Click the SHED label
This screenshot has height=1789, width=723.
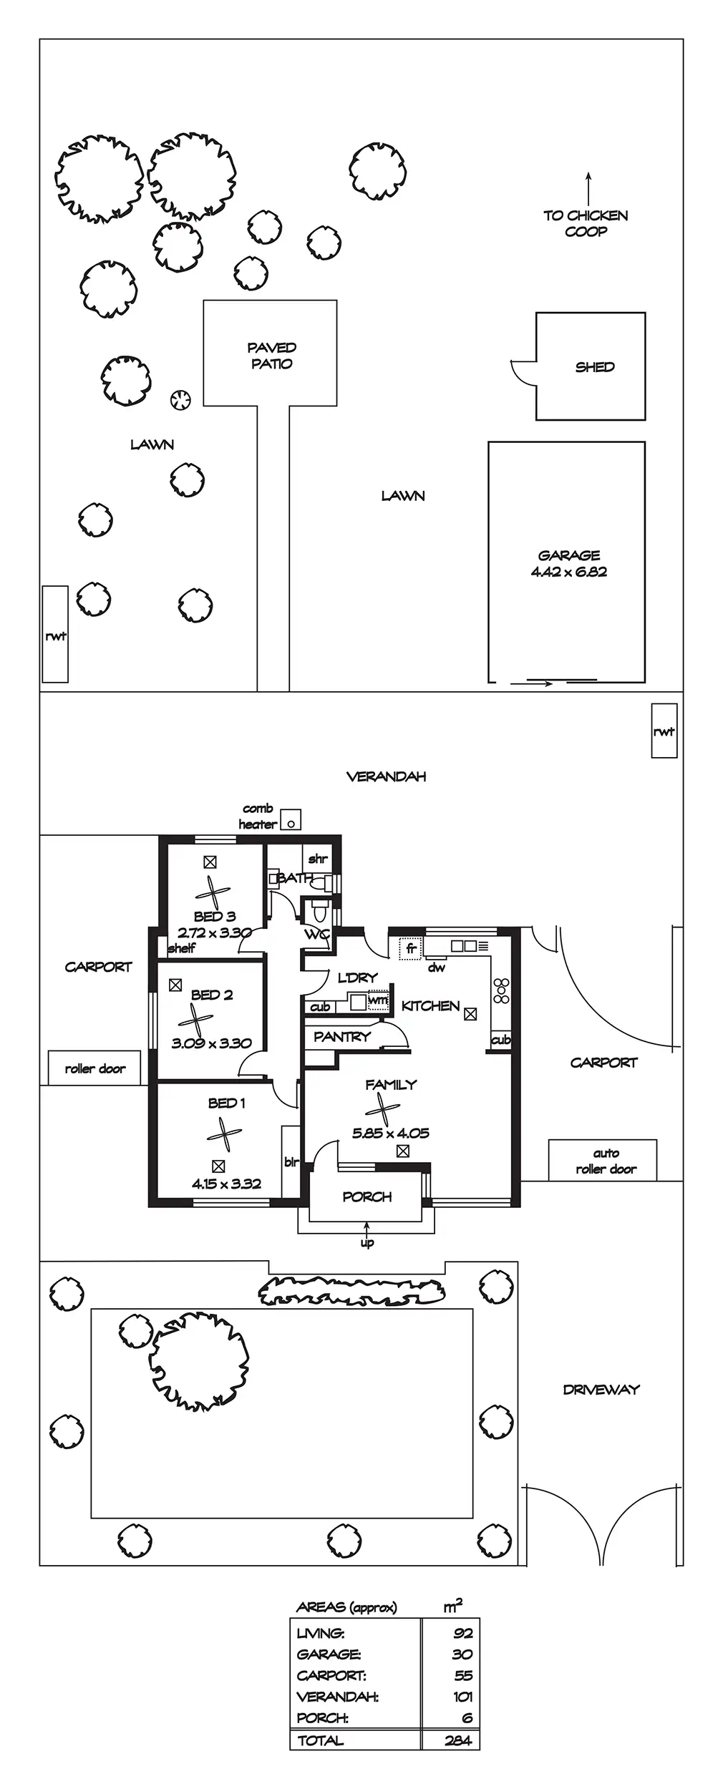coord(595,367)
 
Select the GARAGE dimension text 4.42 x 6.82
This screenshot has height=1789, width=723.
coord(569,572)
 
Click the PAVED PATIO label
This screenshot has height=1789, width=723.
coord(271,356)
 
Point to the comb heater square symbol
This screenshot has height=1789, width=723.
coord(291,820)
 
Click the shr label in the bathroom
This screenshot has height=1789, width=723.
coord(317,859)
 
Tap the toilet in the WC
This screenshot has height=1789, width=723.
coord(319,912)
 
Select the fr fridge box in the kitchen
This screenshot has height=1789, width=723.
coord(411,948)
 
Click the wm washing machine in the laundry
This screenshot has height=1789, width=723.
coord(378,1000)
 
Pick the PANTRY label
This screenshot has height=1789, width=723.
coord(342,1036)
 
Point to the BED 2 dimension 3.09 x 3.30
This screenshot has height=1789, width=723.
coord(211,1043)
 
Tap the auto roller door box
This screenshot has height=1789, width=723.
coord(603,1161)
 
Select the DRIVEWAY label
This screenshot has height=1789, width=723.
coord(601,1390)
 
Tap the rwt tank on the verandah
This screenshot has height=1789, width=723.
coord(664,731)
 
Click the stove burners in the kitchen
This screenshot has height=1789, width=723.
coord(501,990)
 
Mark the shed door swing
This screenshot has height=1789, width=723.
coord(523,373)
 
